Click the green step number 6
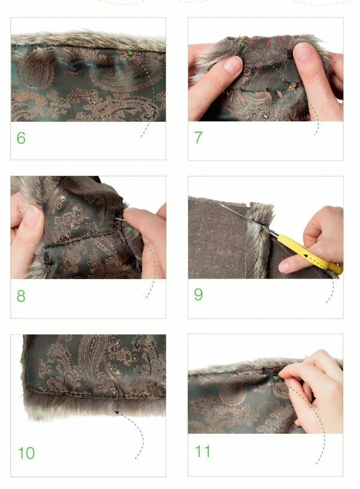point(21,138)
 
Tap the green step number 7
point(199,137)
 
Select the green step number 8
point(21,296)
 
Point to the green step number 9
point(199,295)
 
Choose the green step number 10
point(26,453)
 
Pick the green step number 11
point(202,451)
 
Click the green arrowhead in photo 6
point(131,53)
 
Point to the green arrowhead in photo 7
point(242,44)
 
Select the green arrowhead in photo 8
point(129,229)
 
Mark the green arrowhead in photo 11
point(275,378)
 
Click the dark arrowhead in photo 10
point(116,412)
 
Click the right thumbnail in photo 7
point(302,52)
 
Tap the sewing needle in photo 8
point(121,219)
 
